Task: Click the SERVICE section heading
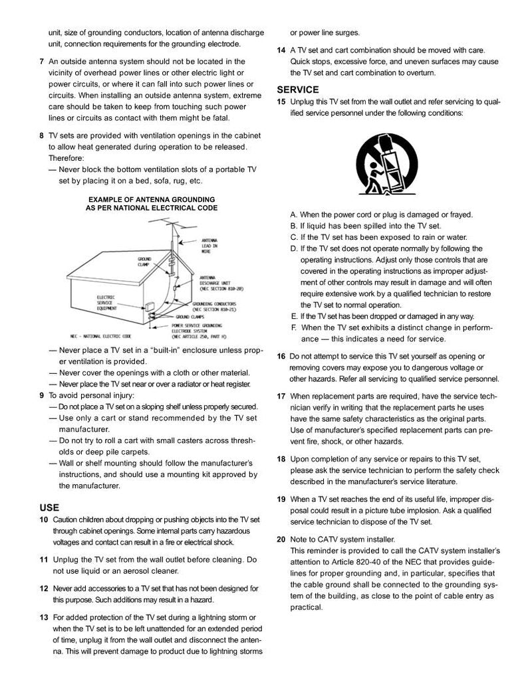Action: point(298,90)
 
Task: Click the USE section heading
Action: point(50,507)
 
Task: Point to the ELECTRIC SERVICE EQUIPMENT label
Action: point(108,302)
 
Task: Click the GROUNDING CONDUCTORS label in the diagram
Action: point(216,306)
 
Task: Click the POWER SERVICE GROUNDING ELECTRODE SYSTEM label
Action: point(197,331)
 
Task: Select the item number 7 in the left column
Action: point(42,61)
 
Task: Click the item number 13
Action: point(43,618)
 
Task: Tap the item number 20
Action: point(281,539)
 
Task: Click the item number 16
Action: point(281,357)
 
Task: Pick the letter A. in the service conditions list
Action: point(295,215)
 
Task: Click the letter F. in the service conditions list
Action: point(294,327)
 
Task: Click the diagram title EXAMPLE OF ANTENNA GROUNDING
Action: point(152,199)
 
